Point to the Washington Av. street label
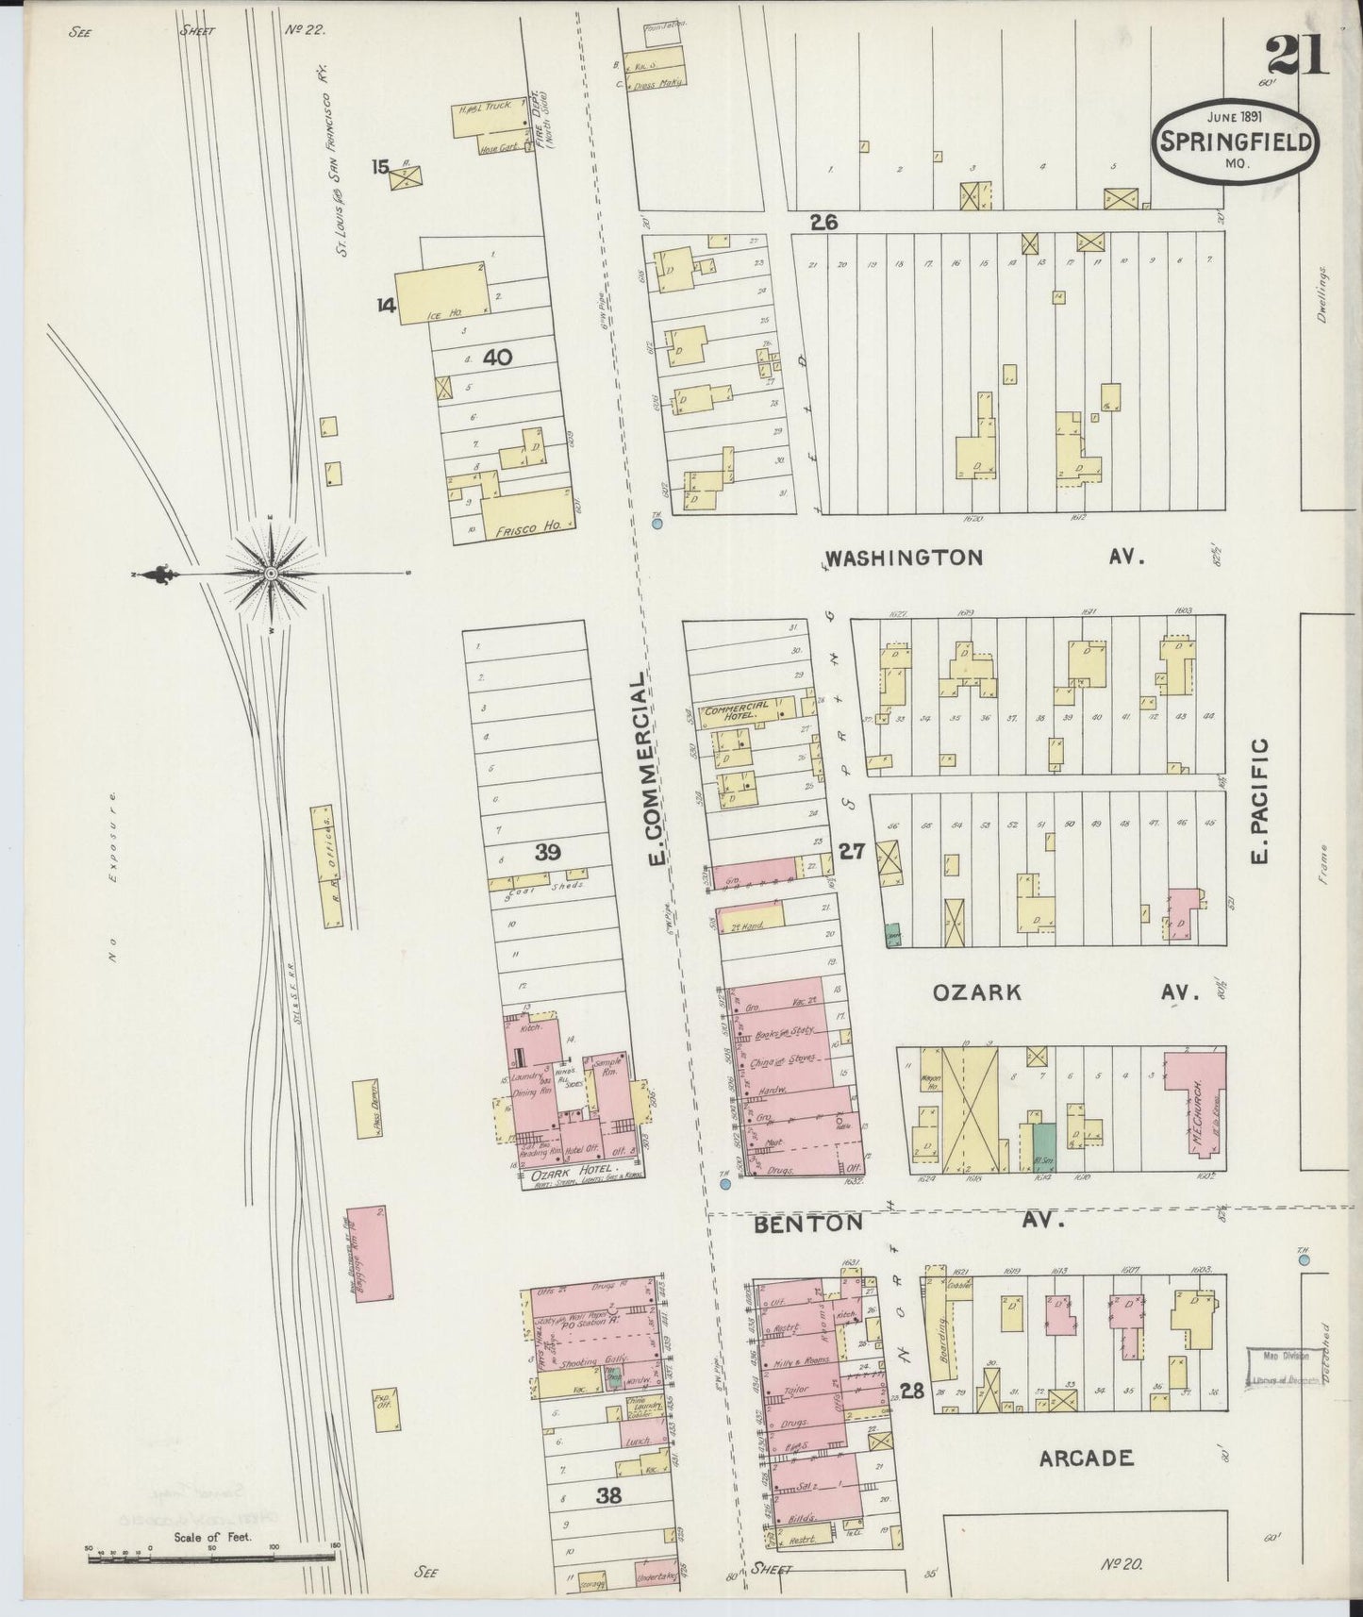coord(904,558)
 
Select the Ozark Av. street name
coord(977,992)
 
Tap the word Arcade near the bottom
coord(1085,1459)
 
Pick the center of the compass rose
coord(271,574)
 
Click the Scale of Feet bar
coord(212,1558)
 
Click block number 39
coord(548,853)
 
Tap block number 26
coord(823,224)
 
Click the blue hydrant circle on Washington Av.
coord(657,522)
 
